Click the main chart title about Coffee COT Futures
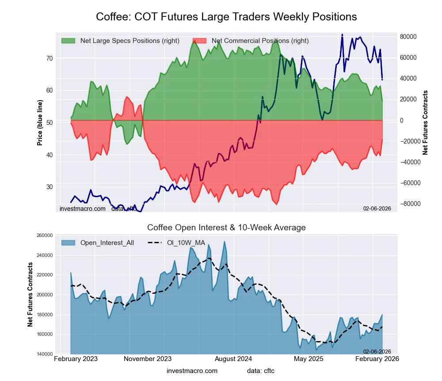click(x=226, y=17)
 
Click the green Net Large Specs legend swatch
click(x=68, y=41)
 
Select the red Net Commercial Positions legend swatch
click(x=200, y=41)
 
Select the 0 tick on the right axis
click(x=402, y=121)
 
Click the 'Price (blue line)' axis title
click(x=40, y=123)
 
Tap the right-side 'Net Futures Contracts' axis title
click(x=426, y=123)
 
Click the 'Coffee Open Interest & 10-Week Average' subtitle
click(x=226, y=228)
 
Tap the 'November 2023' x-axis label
click(x=148, y=359)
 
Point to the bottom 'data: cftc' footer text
click(x=261, y=371)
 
